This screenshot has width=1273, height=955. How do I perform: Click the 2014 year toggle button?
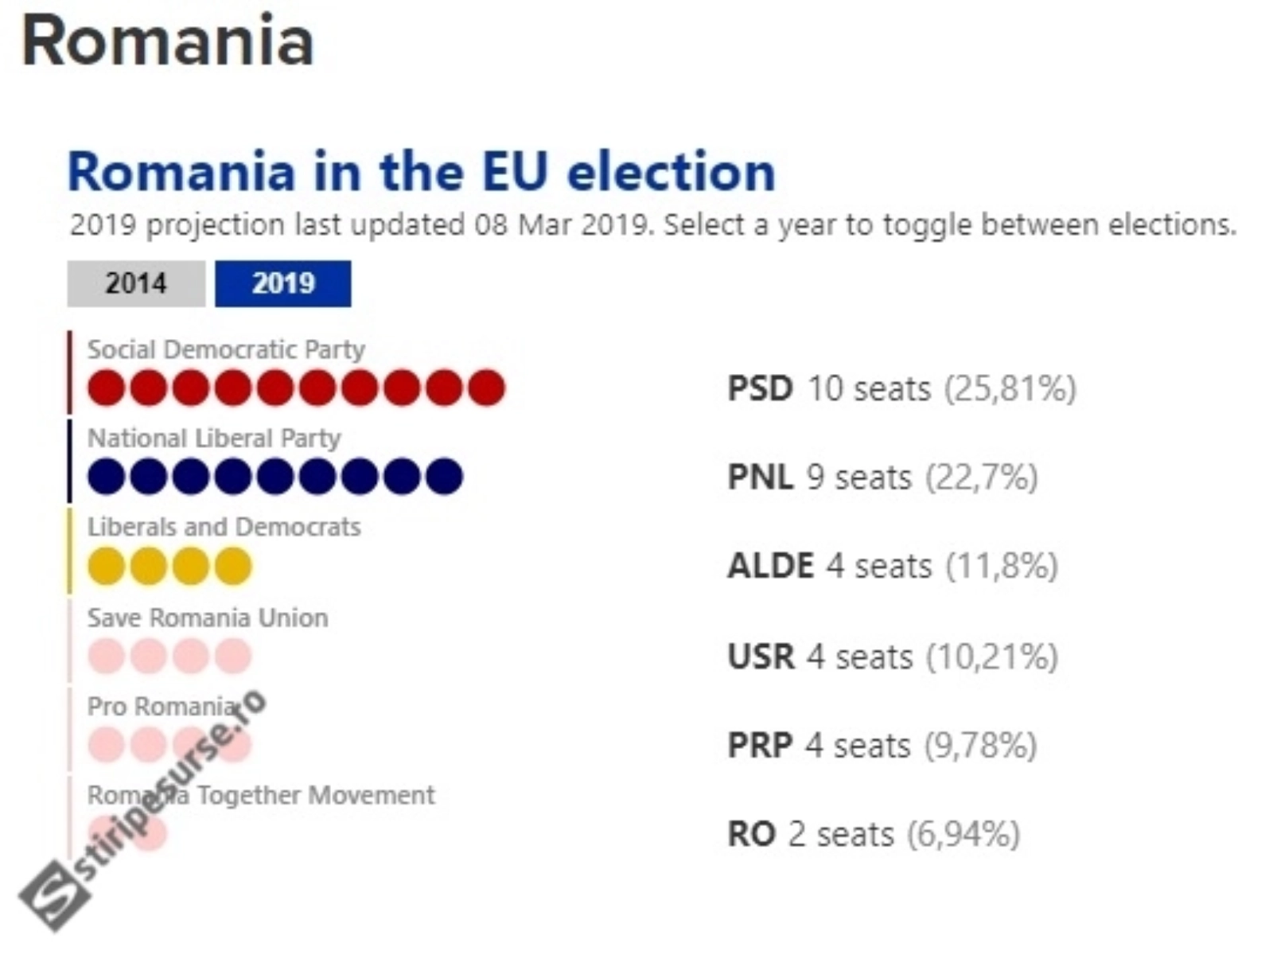(136, 283)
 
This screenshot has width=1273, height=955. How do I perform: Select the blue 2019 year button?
(283, 283)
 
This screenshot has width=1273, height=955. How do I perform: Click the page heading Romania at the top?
(168, 41)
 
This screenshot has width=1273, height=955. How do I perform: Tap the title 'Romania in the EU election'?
(422, 171)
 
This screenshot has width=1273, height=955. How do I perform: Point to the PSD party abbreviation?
(761, 388)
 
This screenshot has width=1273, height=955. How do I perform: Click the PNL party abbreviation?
(761, 477)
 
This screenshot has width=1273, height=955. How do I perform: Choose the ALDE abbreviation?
(771, 566)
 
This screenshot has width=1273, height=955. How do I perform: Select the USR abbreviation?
(761, 657)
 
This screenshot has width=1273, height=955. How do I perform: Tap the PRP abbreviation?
(760, 745)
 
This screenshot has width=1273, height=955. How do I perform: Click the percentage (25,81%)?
(1011, 388)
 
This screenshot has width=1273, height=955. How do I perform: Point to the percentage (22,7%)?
(981, 477)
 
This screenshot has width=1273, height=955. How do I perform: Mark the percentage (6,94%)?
(964, 835)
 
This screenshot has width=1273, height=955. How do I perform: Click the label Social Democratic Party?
(226, 349)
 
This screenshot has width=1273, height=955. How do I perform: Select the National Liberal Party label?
(214, 439)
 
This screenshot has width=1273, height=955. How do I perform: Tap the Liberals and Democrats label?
(224, 527)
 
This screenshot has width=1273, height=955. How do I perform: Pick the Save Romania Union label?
(208, 618)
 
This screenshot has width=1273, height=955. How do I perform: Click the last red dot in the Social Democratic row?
(487, 388)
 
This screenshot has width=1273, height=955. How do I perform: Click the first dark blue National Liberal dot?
(106, 477)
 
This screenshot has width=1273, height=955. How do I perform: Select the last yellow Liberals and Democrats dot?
(233, 566)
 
